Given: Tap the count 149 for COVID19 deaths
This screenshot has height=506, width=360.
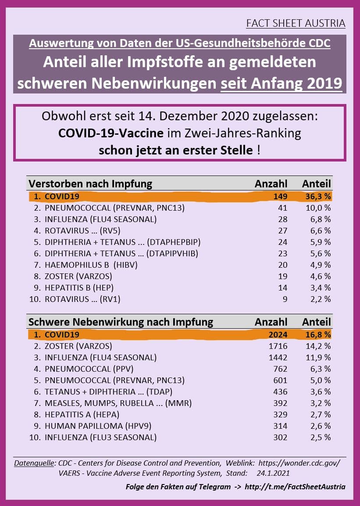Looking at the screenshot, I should [280, 196].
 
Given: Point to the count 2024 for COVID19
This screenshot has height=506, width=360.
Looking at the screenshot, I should [278, 334].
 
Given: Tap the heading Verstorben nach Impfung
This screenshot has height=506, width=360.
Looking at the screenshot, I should [90, 183].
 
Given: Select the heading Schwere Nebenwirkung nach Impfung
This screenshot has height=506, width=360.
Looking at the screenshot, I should [121, 322].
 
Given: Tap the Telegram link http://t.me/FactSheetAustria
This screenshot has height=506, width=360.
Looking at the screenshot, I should [295, 487].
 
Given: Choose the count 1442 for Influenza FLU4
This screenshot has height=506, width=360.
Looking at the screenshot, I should [278, 357].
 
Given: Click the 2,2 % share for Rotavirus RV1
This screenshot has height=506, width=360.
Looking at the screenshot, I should [320, 299].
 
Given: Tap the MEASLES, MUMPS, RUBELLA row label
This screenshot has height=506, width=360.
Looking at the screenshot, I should [118, 403].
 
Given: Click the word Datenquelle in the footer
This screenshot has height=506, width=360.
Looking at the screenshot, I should [32, 463].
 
